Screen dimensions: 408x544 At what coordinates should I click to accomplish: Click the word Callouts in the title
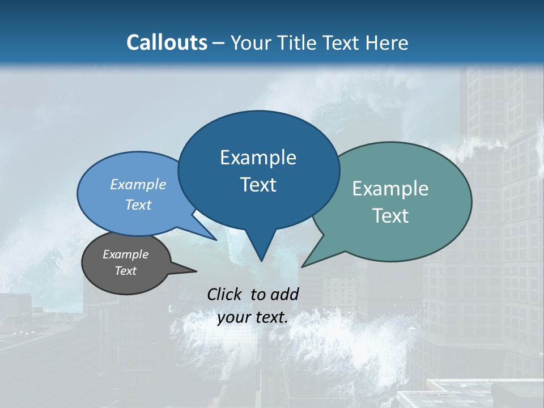[167, 42]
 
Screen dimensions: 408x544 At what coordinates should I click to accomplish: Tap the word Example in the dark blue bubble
[258, 158]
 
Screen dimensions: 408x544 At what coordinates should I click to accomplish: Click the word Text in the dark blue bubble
[258, 185]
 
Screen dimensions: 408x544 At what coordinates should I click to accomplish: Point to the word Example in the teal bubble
[390, 189]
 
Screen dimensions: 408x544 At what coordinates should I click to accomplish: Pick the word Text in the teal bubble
[390, 216]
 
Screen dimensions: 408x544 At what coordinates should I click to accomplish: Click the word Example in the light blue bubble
[138, 184]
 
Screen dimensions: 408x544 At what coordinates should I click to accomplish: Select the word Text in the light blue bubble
[138, 205]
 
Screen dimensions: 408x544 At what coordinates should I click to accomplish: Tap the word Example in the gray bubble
[125, 254]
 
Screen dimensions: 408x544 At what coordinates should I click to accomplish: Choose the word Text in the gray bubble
[125, 271]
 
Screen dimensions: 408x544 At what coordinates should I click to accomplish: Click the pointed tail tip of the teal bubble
[302, 266]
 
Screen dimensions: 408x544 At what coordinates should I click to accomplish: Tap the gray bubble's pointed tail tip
[196, 271]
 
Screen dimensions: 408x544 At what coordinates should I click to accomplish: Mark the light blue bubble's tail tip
[216, 240]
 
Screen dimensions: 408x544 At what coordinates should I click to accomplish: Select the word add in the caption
[284, 294]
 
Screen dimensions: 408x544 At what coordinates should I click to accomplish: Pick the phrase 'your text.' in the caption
[253, 317]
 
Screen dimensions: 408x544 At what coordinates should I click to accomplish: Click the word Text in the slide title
[342, 42]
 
